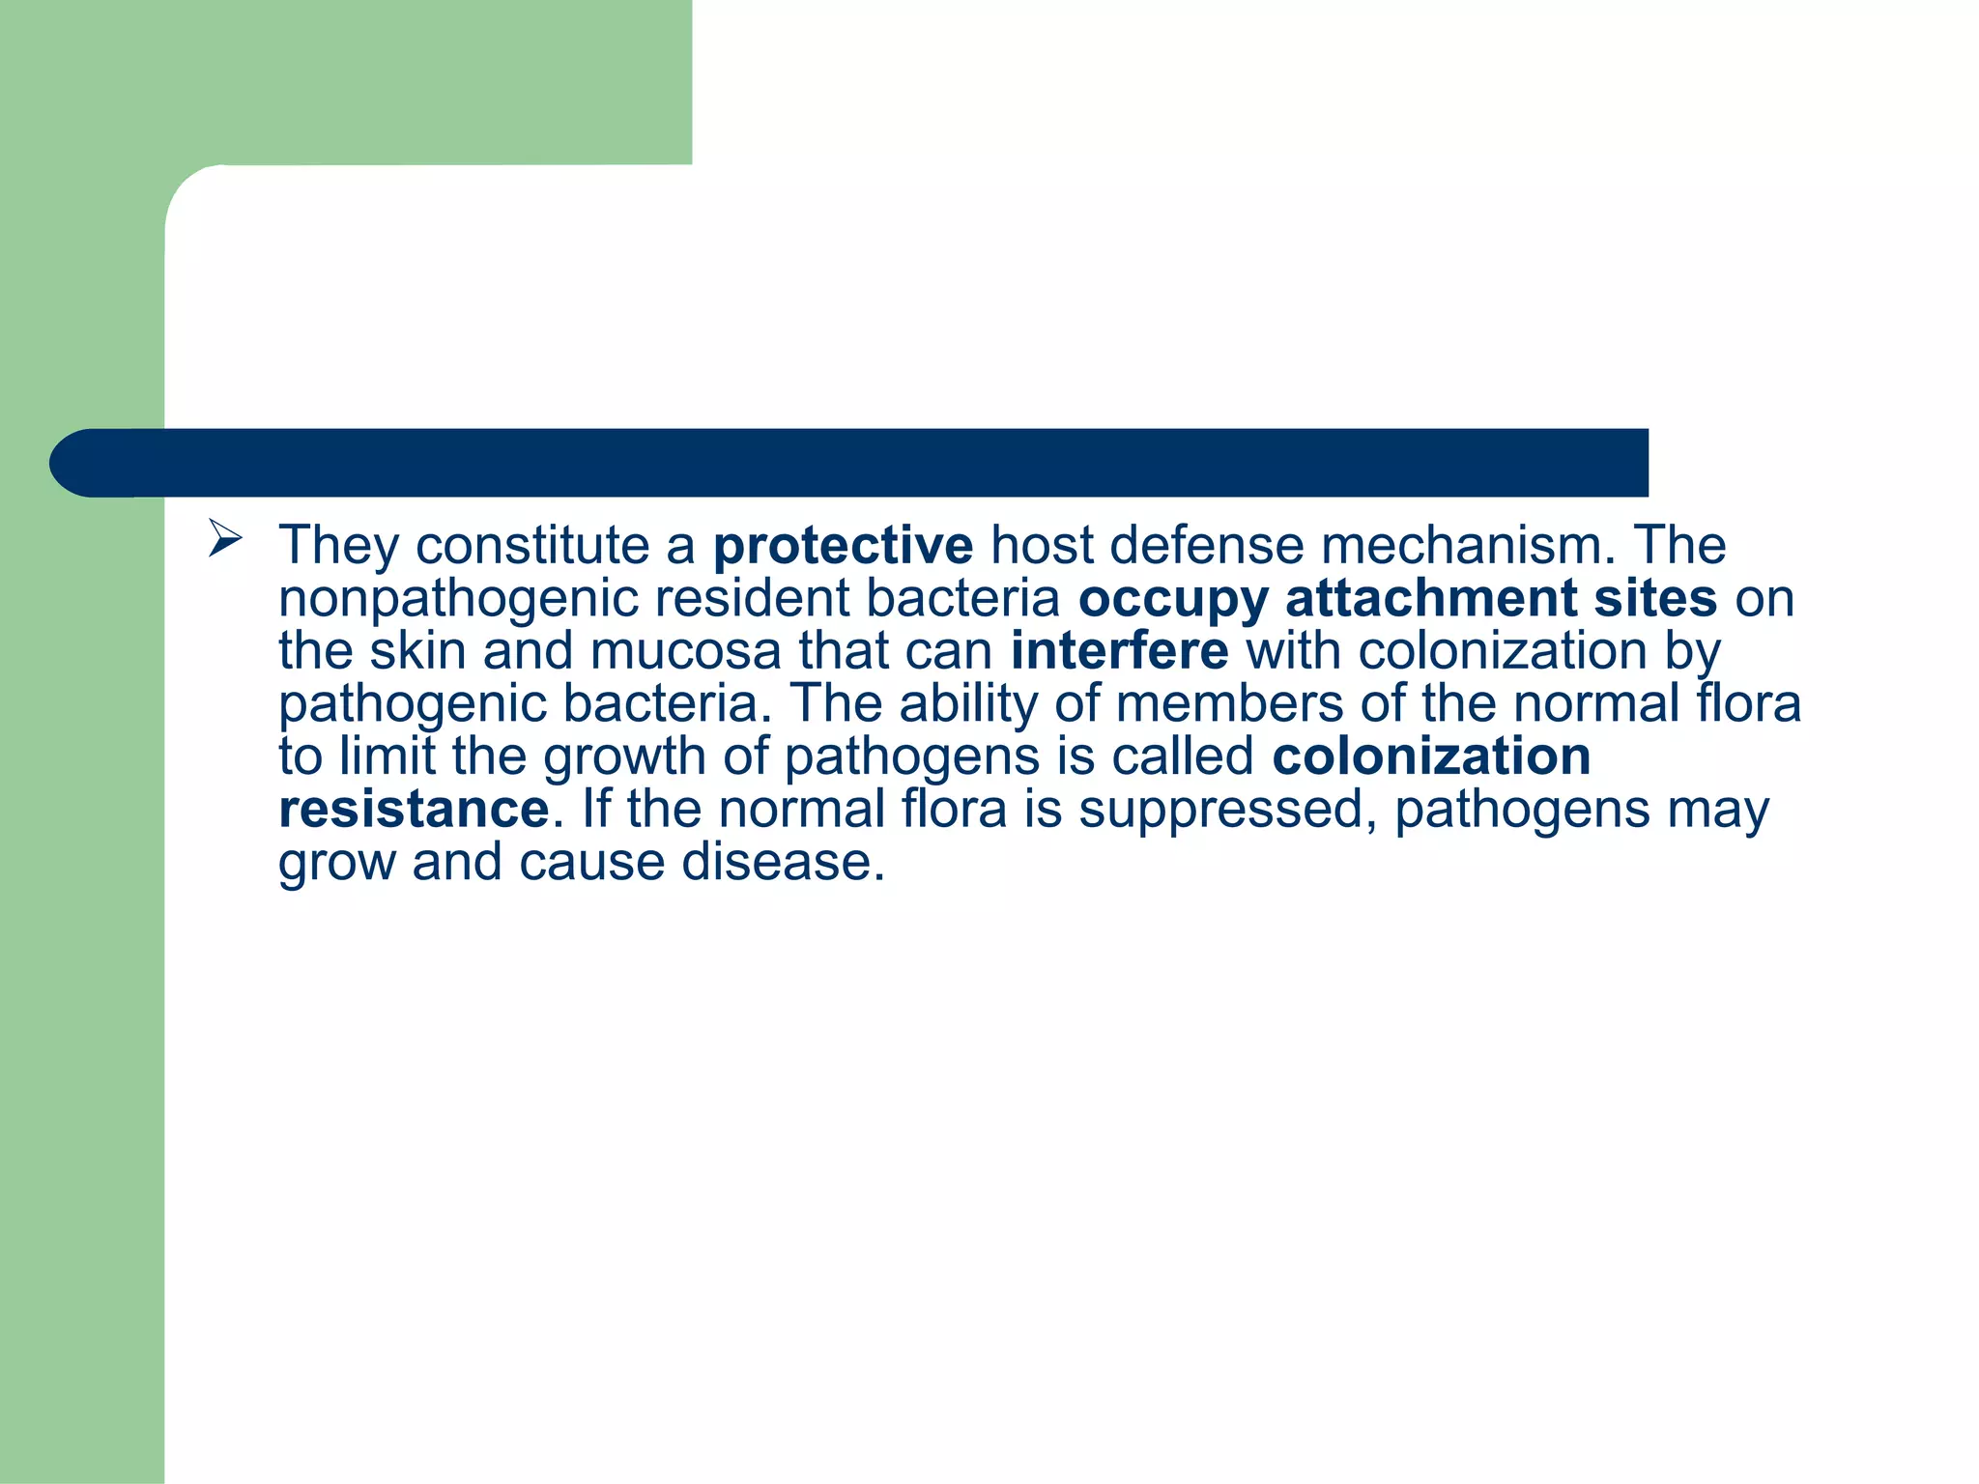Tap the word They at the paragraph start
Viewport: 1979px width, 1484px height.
(337, 545)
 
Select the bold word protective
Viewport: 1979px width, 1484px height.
(843, 545)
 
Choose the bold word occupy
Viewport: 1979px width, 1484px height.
(1172, 599)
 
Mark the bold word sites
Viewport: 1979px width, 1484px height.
(1655, 598)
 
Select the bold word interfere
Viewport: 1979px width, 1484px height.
(1119, 650)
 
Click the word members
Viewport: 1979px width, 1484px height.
(1229, 703)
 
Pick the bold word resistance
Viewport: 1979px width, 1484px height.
(414, 809)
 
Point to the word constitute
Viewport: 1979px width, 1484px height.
(532, 545)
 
